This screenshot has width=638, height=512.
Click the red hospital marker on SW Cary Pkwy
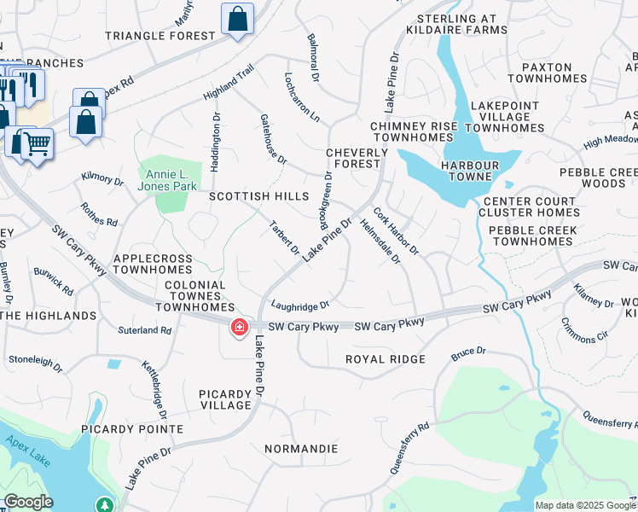click(x=240, y=327)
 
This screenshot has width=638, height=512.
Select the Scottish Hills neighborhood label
click(x=258, y=196)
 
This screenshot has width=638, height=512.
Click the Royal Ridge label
click(x=385, y=359)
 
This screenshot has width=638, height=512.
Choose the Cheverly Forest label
click(x=357, y=159)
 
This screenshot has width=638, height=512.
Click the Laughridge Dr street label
click(x=300, y=305)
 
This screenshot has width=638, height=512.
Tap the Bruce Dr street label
click(x=468, y=352)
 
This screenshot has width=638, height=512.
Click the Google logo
click(x=29, y=502)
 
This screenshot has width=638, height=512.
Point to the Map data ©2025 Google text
click(x=585, y=505)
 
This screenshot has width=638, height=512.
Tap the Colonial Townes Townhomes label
click(x=194, y=296)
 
